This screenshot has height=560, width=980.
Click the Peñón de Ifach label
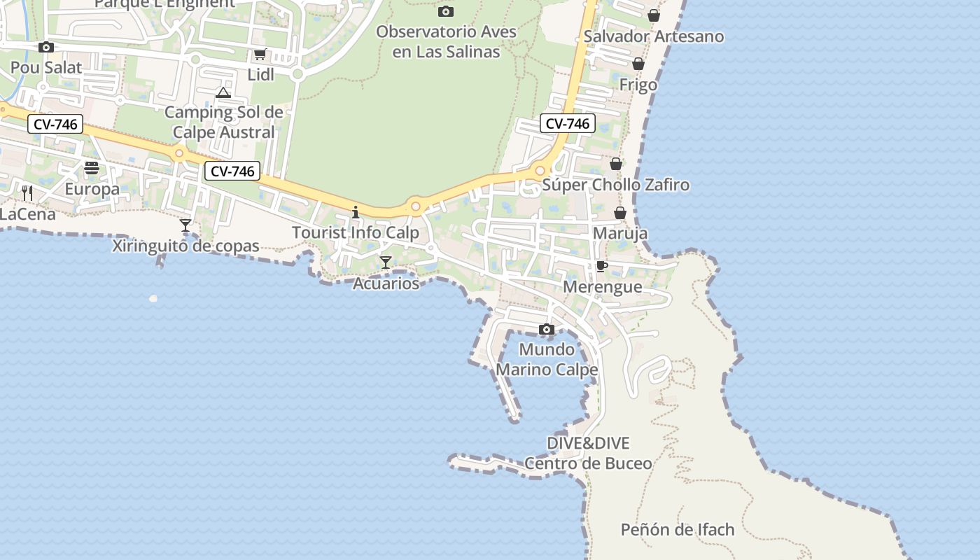678,530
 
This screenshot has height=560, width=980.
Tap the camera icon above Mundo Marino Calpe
547,329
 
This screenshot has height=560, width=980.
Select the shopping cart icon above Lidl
260,55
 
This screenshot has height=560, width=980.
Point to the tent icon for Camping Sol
223,92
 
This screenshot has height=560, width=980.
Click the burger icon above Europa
92,168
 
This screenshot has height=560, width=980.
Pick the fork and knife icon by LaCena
27,193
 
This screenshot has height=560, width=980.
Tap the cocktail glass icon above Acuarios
385,262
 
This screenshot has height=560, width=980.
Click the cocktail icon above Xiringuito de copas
185,225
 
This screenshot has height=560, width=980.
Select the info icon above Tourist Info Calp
356,212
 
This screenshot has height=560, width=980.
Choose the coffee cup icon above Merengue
601,266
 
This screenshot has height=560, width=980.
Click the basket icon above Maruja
619,212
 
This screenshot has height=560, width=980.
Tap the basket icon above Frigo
638,64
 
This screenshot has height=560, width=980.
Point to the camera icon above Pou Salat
46,47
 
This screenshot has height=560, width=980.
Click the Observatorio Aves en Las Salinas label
447,42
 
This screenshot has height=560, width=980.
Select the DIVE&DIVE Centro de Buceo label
588,453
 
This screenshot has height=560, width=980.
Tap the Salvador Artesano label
653,36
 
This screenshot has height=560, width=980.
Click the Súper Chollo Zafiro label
616,185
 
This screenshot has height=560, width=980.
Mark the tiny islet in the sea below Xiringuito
153,299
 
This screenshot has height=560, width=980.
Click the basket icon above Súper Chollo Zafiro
616,164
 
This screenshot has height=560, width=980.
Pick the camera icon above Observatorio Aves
445,11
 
